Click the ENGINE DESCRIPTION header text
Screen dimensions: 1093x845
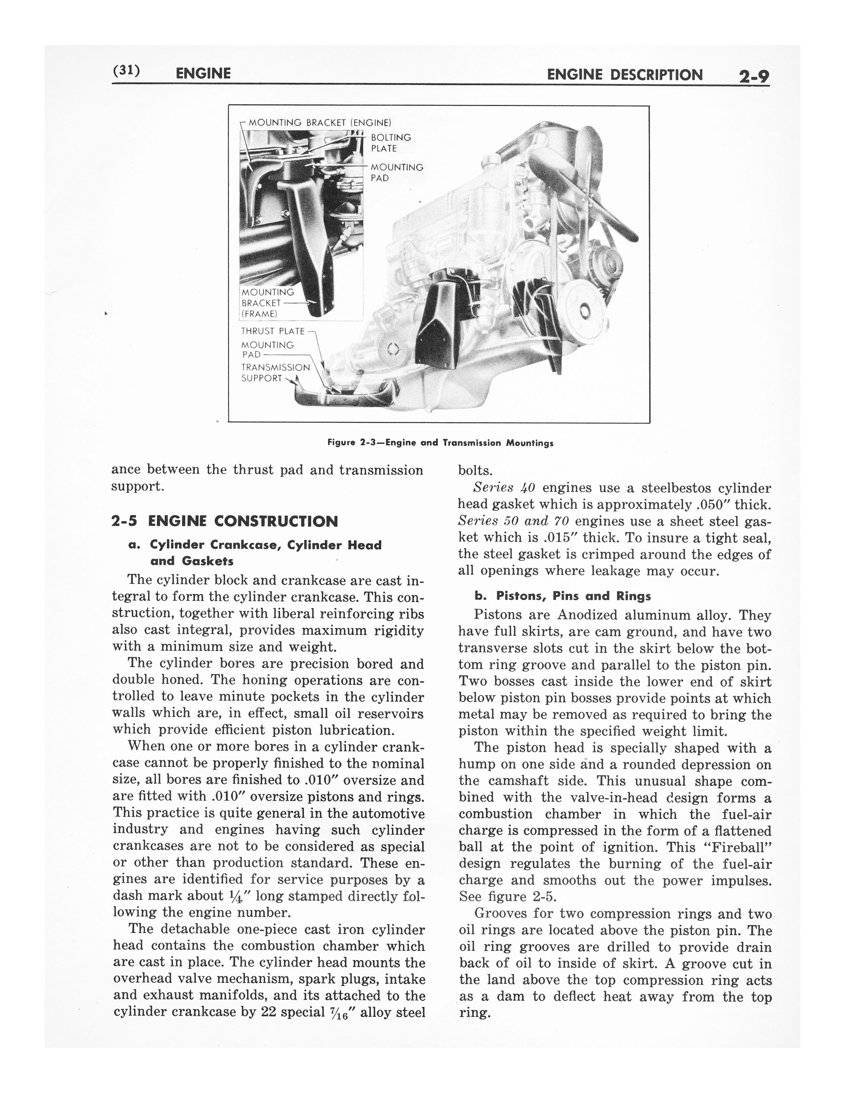(x=625, y=75)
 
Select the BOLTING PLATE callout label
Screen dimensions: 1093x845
(x=390, y=143)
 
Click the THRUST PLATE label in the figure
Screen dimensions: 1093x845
(x=272, y=331)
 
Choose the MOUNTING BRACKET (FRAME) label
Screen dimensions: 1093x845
(x=267, y=303)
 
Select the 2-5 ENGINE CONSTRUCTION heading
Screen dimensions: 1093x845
(x=224, y=521)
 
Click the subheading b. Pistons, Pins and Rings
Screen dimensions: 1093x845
(x=563, y=596)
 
